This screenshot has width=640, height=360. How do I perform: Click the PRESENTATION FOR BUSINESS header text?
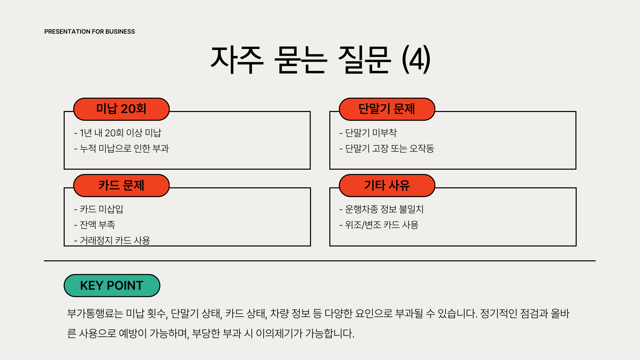[89, 32]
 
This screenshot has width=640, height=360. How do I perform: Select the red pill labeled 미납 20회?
[121, 109]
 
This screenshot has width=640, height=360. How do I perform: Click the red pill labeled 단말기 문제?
[387, 109]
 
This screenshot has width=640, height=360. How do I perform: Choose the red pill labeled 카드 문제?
[121, 186]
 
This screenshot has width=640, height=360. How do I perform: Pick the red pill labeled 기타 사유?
[387, 186]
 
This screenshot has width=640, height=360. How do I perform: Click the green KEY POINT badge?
[112, 286]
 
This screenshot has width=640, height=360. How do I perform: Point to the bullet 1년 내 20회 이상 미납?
[118, 133]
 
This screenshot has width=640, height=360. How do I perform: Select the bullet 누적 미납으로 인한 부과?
[122, 148]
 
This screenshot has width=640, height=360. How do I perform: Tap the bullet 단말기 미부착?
[368, 133]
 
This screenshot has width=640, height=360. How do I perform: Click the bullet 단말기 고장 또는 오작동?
[387, 148]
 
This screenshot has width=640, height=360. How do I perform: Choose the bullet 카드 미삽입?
[99, 209]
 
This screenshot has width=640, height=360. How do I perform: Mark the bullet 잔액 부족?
[95, 225]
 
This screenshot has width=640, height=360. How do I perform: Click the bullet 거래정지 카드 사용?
[112, 240]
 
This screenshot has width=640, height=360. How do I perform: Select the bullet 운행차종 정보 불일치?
[382, 209]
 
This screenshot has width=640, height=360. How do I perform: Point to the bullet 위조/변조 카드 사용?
[379, 225]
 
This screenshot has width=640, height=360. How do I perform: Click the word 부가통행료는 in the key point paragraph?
[95, 314]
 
